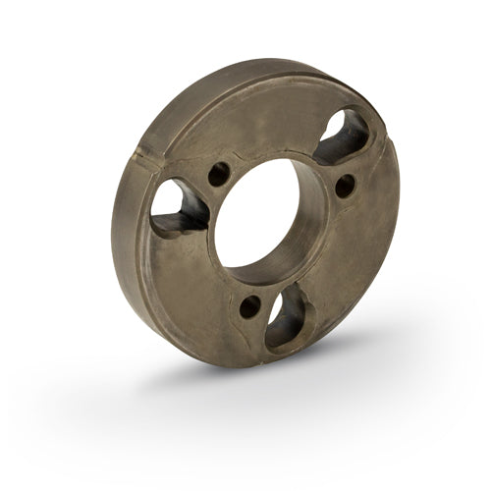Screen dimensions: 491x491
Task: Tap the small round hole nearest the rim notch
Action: [x=219, y=174]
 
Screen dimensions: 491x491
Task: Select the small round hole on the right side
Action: [x=345, y=184]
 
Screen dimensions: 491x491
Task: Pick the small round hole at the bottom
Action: [x=250, y=305]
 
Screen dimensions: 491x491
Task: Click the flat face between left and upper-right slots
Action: [x=265, y=128]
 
